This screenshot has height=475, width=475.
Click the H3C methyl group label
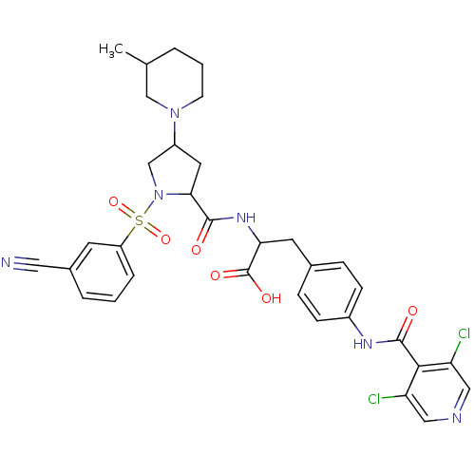pyautogui.click(x=111, y=50)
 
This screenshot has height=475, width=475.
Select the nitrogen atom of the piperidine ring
pyautogui.click(x=175, y=113)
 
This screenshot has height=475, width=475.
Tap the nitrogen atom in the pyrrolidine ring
pyautogui.click(x=159, y=195)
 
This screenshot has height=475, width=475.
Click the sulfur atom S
pyautogui.click(x=139, y=219)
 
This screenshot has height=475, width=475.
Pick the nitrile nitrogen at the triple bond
pyautogui.click(x=6, y=262)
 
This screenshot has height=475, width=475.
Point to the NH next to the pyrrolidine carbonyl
pyautogui.click(x=246, y=218)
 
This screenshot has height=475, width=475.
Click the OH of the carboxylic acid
pyautogui.click(x=272, y=298)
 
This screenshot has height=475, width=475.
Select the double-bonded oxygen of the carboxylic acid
pyautogui.click(x=215, y=275)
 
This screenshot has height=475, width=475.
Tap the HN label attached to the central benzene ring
pyautogui.click(x=363, y=344)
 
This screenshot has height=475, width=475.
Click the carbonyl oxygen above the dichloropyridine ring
pyautogui.click(x=412, y=311)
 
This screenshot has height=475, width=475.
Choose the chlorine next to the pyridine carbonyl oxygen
pyautogui.click(x=465, y=333)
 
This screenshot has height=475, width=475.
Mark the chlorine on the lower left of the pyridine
pyautogui.click(x=374, y=399)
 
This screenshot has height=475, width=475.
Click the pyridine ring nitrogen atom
pyautogui.click(x=457, y=418)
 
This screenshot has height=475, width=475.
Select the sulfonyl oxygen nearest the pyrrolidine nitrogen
pyautogui.click(x=113, y=201)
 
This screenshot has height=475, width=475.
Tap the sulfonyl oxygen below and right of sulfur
pyautogui.click(x=165, y=239)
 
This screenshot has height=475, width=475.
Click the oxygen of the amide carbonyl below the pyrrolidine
pyautogui.click(x=196, y=250)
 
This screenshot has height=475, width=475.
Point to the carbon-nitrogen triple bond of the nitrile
pyautogui.click(x=27, y=264)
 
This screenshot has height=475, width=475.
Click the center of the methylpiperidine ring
pyautogui.click(x=175, y=81)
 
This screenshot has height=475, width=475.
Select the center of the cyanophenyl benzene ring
pyautogui.click(x=102, y=272)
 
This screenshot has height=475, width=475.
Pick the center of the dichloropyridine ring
pyautogui.click(x=438, y=392)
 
